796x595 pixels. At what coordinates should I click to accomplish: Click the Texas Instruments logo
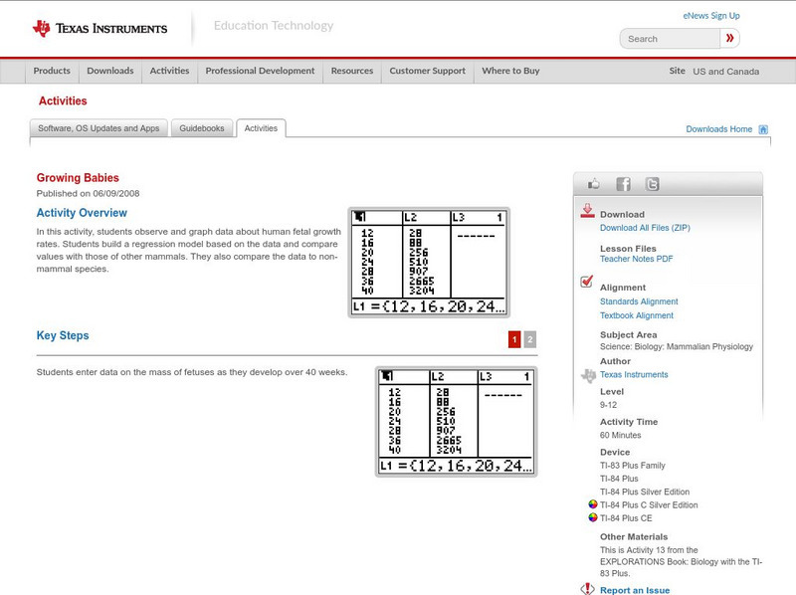pos(99,28)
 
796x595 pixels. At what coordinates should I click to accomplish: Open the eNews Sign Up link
pos(711,16)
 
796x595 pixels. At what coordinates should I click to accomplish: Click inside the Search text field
pos(670,39)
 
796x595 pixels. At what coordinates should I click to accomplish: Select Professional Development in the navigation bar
pos(260,71)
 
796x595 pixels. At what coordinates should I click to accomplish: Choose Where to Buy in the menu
pos(510,71)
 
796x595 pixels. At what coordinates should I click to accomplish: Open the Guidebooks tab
pos(202,128)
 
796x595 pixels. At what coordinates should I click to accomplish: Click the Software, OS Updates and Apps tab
pos(99,128)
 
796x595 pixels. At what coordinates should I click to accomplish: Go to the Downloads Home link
pos(718,129)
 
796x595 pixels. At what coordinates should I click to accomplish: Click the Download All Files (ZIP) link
pos(645,228)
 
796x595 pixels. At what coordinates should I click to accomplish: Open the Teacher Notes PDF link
pos(636,259)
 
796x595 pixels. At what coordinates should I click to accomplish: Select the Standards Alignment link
pos(639,301)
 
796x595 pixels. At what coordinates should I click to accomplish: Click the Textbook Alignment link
pos(637,315)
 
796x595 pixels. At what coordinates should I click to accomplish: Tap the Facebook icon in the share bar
pos(624,184)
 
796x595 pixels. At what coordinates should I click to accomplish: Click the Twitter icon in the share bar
pos(653,184)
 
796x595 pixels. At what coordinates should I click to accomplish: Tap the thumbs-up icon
pos(593,184)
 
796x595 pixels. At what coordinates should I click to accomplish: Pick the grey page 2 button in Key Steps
pos(530,339)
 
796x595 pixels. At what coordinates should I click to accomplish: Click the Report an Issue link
pos(635,590)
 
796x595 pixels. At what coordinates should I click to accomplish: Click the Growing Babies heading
pos(78,178)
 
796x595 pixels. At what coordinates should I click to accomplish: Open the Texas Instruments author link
pos(634,375)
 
